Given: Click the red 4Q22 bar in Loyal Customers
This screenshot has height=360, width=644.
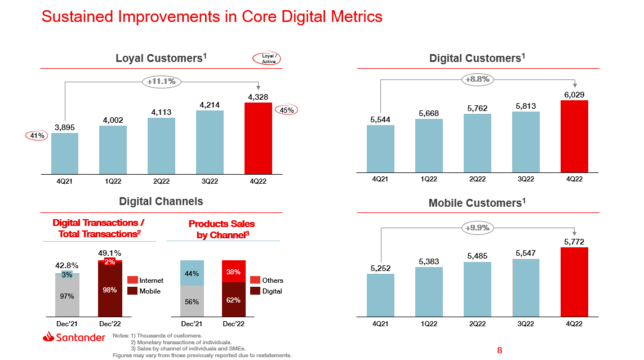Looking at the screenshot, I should (258, 138).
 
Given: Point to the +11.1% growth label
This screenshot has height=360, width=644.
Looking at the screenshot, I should (161, 81).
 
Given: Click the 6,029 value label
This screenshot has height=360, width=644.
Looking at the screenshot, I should (574, 95).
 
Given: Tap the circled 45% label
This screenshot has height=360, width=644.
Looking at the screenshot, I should (287, 110).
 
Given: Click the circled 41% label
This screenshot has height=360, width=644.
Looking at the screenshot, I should (35, 135).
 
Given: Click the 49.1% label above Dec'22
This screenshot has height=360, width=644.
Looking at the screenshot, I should (110, 253).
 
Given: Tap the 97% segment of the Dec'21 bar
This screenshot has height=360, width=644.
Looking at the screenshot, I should (67, 296).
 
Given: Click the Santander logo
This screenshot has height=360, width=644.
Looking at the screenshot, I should (74, 337).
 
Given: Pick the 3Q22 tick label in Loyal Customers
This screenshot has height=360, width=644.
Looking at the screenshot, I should (210, 181).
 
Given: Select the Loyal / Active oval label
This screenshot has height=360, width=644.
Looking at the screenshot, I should (268, 58).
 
